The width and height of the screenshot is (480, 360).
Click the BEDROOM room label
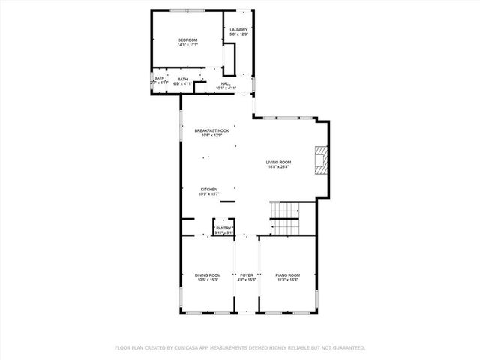coord(187,40)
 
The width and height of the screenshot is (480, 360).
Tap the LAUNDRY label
coord(238,30)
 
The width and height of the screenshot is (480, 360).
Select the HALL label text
coord(226,83)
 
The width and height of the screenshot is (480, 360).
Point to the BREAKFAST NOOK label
coord(211,130)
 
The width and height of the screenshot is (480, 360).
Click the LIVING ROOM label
coord(278,162)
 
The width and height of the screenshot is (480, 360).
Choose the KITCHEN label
coord(208,189)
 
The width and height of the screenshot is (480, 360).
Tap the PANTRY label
coord(224,228)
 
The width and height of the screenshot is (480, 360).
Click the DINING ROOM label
coord(208,274)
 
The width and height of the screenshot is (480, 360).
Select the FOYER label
coord(247,274)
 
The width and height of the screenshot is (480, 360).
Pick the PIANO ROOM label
coord(288,274)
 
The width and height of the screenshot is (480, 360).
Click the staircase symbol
coord(284,219)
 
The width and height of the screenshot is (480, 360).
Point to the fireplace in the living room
coord(322,158)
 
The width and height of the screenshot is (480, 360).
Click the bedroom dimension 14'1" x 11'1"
coord(187,45)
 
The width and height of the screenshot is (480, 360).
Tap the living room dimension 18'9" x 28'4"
coord(278,167)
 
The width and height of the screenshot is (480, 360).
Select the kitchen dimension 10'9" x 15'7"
coord(208,194)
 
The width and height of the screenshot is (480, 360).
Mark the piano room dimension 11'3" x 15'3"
coord(288,280)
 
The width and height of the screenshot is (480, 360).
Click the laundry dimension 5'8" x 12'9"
coord(238,35)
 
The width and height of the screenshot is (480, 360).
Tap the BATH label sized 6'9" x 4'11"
coord(182,79)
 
